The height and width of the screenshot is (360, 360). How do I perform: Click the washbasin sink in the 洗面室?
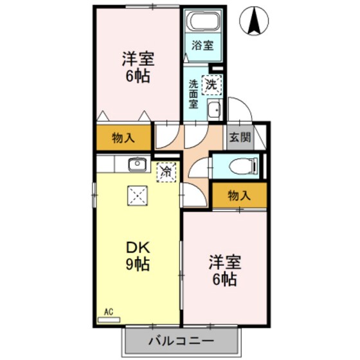(215, 111)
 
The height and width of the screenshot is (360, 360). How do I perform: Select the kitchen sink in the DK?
(138, 165)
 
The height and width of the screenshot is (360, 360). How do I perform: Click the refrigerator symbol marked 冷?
(166, 172)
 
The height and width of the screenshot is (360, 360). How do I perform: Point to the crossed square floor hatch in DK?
(137, 195)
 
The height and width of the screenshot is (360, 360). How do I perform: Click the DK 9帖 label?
(137, 255)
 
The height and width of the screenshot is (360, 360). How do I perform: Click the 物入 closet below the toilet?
(239, 196)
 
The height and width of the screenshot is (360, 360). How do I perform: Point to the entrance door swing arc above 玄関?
(237, 110)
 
